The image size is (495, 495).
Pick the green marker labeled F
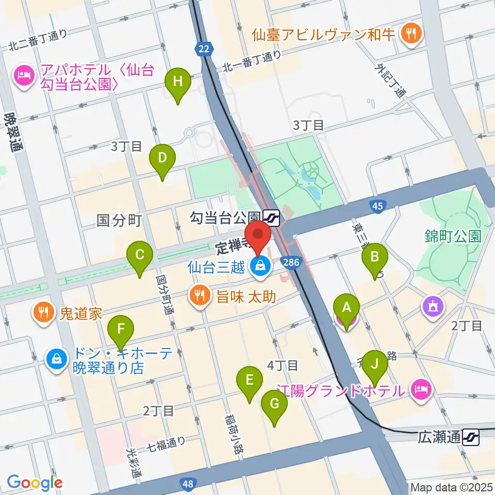121,329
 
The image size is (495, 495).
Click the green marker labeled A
346,309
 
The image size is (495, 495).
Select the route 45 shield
377,207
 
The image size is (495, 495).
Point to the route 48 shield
187,484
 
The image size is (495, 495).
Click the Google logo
35,483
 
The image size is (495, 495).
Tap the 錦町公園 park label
454,236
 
